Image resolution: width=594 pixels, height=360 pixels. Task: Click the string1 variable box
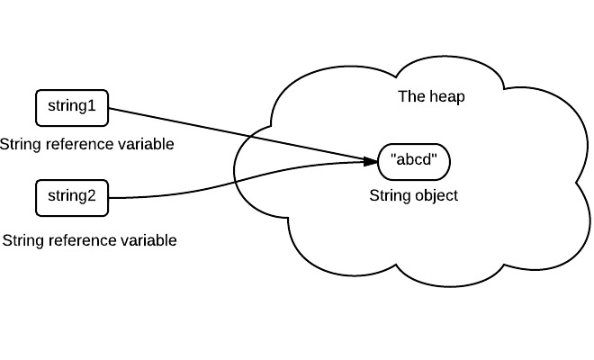(71, 108)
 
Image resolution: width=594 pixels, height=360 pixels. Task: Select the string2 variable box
(71, 198)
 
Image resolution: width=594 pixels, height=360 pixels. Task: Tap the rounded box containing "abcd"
(415, 162)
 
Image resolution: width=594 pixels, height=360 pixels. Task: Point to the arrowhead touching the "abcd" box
(371, 162)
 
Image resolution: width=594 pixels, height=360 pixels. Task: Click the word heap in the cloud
(447, 97)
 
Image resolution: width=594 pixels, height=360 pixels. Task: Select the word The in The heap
(410, 97)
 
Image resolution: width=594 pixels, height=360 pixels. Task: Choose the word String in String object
(390, 195)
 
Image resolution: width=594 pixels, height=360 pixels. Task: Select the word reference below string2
(83, 240)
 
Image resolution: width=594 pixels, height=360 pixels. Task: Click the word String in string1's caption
(21, 144)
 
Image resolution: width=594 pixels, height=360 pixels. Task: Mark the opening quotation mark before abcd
(393, 158)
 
